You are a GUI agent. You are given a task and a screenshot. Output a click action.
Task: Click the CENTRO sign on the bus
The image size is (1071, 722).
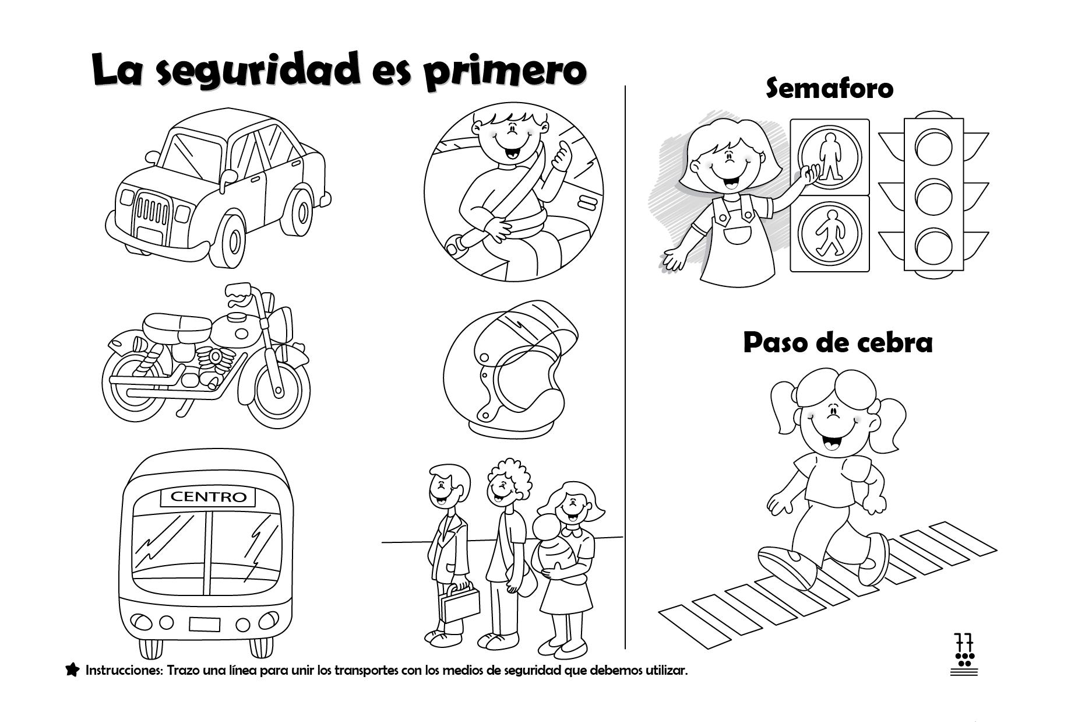click(x=208, y=497)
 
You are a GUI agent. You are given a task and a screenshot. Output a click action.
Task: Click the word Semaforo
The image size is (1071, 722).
click(x=829, y=89)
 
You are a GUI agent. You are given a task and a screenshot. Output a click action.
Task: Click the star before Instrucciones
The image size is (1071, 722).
click(x=72, y=670)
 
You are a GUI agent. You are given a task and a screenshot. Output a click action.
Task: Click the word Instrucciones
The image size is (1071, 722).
click(x=125, y=670)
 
